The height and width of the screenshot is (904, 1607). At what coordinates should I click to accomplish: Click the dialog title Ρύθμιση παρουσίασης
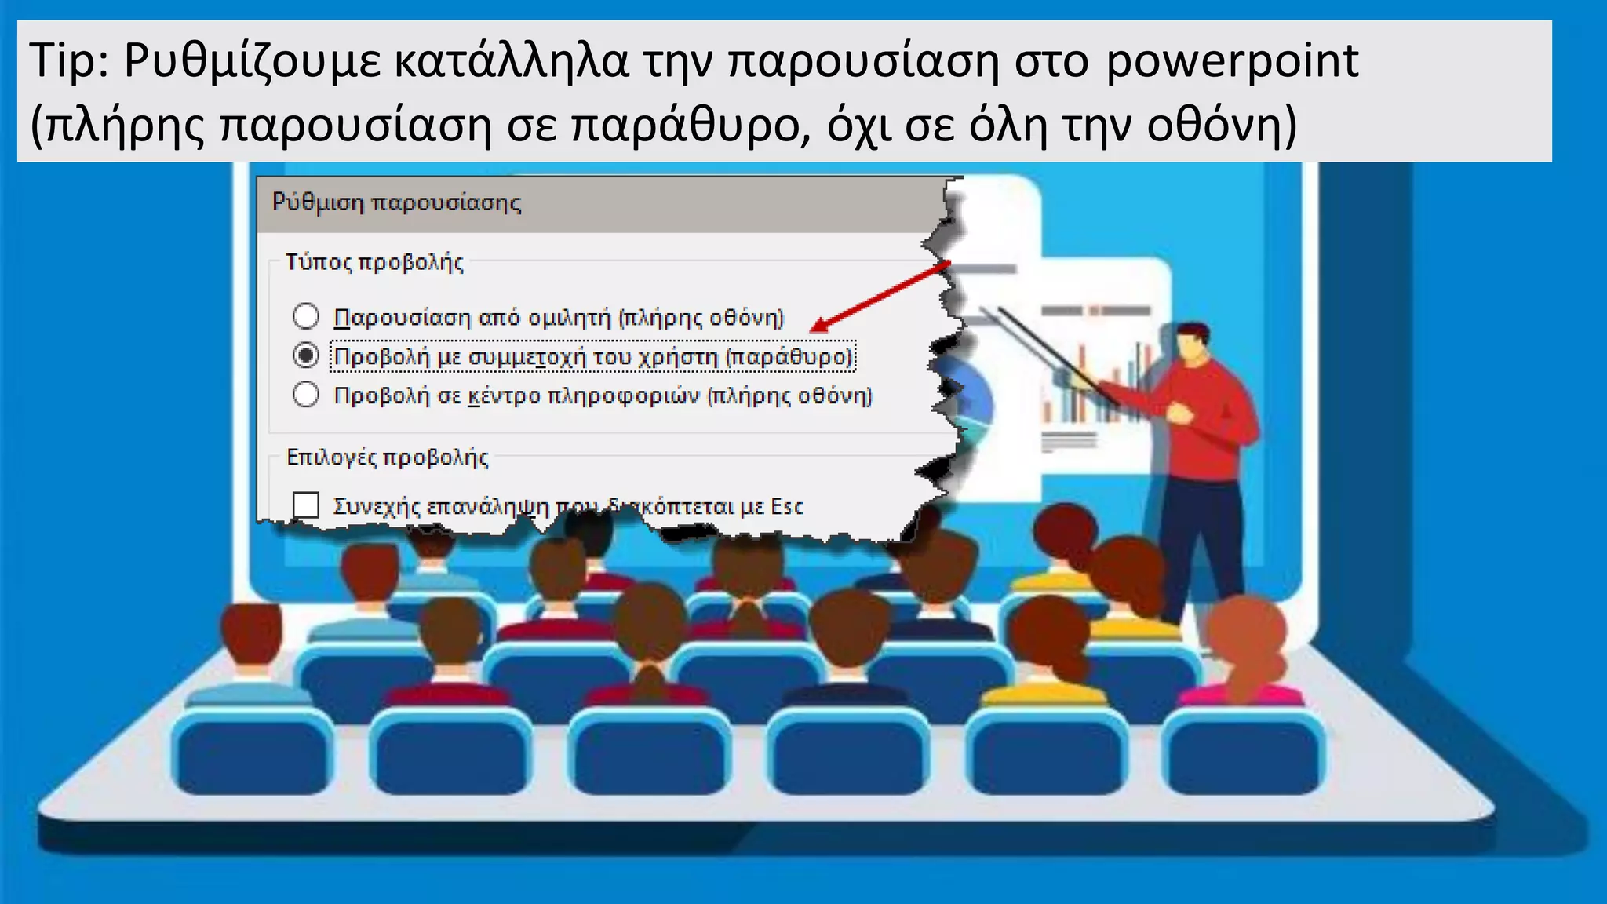pos(396,202)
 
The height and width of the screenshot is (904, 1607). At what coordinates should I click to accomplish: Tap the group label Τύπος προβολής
pos(374,262)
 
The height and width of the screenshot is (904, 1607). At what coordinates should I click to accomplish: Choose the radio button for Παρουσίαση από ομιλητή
pos(305,316)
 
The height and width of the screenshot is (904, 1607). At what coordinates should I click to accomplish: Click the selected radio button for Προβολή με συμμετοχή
pos(305,355)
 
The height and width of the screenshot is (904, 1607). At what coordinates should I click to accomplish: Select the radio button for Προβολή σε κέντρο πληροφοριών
pos(305,394)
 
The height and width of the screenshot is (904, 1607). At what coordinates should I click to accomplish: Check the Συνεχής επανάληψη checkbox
pos(305,505)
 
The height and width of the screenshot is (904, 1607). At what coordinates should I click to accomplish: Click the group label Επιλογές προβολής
pos(387,457)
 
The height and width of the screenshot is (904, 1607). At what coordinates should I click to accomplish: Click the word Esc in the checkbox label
pos(787,507)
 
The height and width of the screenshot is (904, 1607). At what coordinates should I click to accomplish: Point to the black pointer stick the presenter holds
pos(1051,353)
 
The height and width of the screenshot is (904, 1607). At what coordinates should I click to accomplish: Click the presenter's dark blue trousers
pos(1201,534)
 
